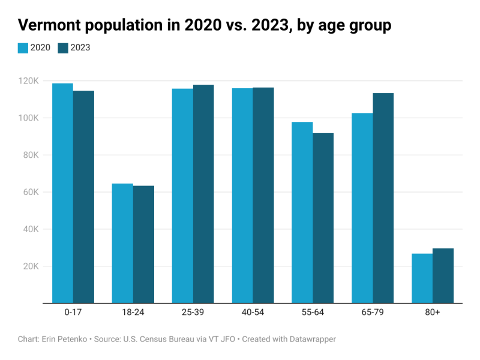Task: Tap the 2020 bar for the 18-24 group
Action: point(122,243)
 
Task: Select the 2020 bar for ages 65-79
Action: point(362,208)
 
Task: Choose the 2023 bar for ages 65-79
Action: point(383,198)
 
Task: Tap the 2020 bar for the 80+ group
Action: point(422,278)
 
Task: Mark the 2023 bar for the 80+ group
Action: point(443,275)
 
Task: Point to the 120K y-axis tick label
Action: point(28,81)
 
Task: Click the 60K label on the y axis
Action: point(31,192)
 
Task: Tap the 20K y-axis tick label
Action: point(31,266)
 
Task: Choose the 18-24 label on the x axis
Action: point(133,313)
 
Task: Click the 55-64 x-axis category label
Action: point(313,313)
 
